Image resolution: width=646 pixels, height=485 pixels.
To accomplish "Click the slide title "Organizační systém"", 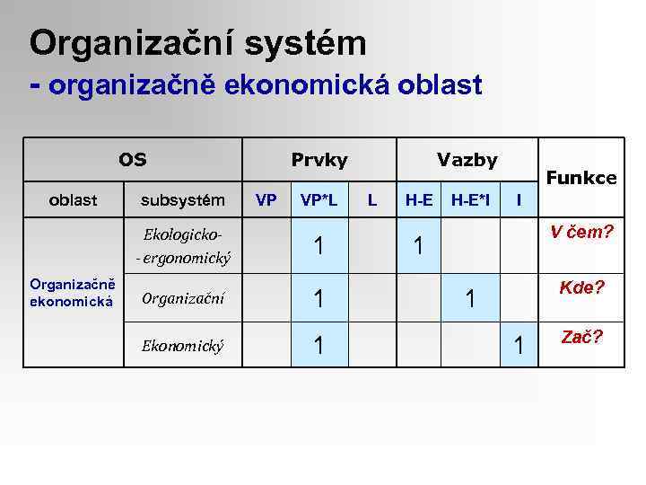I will point(197,42).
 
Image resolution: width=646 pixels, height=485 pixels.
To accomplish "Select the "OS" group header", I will point(133,160).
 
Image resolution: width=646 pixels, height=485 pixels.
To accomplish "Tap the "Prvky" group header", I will point(319,160).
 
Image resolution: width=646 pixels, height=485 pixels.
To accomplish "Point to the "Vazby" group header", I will point(467,160).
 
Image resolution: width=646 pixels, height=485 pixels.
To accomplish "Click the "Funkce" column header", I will point(581,178).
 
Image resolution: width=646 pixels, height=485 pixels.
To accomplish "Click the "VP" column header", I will point(266,199).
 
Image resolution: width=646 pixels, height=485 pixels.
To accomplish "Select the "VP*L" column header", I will point(319,199).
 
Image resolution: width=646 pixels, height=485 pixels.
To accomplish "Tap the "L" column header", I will point(372,199).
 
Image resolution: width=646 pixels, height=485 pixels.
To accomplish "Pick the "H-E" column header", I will point(419,199).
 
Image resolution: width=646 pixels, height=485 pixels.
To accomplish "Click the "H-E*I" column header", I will point(470,199).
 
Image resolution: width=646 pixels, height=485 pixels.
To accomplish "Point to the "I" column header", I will point(518,199).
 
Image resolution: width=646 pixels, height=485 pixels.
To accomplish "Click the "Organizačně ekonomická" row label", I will point(71,293).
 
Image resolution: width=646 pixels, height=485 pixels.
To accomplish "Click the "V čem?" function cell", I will point(581,233).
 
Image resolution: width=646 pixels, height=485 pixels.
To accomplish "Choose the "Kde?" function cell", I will point(581,287).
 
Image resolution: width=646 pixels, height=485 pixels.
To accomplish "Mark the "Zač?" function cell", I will point(581,338).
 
